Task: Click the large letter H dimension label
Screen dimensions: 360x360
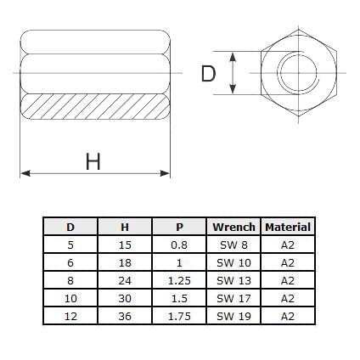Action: tap(93, 161)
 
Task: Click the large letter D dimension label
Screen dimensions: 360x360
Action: tap(208, 74)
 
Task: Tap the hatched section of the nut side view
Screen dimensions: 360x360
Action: tap(95, 106)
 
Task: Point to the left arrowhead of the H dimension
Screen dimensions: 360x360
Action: tap(25, 173)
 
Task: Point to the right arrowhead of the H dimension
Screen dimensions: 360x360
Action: tap(165, 173)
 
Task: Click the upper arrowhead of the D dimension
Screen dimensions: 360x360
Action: tap(233, 57)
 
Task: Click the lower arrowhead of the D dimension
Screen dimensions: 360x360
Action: tap(233, 89)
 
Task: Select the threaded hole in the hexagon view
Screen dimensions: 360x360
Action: tap(298, 73)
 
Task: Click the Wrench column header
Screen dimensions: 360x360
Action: tap(233, 227)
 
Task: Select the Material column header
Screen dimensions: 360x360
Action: tap(288, 227)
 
